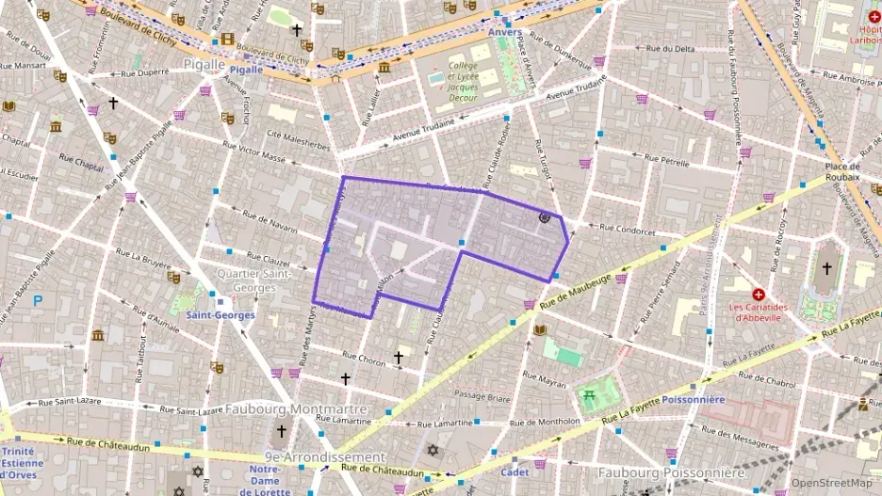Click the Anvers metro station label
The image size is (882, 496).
[x=505, y=32]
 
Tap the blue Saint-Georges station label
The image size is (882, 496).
[x=220, y=315]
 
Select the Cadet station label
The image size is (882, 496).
[x=514, y=472]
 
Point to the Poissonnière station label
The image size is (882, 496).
[x=694, y=399]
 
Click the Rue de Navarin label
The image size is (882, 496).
[x=269, y=222]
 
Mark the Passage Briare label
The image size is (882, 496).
[x=482, y=396]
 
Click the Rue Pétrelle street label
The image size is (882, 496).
[x=668, y=162]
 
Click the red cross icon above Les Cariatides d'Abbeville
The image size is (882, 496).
[x=759, y=295]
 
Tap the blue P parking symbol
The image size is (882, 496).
[x=38, y=301]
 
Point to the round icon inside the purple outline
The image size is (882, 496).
[x=544, y=217]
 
